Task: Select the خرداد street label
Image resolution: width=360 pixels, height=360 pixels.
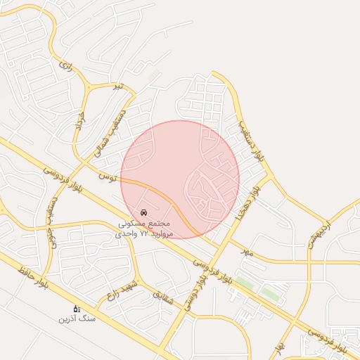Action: (79, 120)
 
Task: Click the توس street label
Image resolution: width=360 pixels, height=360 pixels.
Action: (106, 173)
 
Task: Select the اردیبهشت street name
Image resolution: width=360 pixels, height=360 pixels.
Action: (319, 232)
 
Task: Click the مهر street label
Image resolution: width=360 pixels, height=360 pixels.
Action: (246, 252)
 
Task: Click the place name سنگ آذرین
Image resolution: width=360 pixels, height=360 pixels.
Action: (77, 319)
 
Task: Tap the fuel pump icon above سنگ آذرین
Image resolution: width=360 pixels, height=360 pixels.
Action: (77, 308)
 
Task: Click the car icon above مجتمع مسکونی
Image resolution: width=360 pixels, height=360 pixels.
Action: (144, 212)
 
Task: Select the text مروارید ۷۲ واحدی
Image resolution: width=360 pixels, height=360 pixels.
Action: (144, 233)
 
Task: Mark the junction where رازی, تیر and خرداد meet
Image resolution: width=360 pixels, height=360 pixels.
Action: (89, 86)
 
